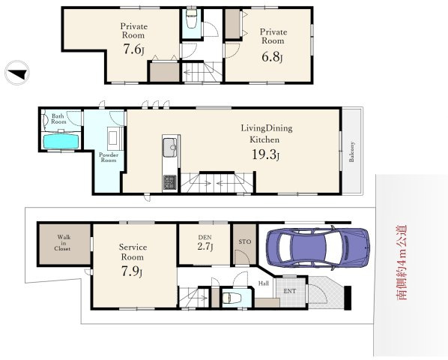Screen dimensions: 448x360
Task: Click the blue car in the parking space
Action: (x=318, y=247)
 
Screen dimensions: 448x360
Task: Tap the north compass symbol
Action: (x=17, y=73)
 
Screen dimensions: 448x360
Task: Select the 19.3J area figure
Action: (x=265, y=154)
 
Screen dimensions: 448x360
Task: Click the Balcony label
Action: (x=351, y=151)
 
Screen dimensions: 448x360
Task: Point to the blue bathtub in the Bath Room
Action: (x=61, y=141)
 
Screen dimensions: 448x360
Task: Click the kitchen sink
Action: (x=170, y=148)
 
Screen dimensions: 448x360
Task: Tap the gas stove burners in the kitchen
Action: (x=170, y=183)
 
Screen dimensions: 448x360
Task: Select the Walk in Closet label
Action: (x=64, y=243)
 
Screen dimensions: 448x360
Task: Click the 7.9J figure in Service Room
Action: (x=132, y=271)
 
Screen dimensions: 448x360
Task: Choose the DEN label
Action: (x=205, y=237)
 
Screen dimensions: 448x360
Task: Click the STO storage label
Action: (x=245, y=241)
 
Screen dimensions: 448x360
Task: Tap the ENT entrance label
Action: (x=289, y=291)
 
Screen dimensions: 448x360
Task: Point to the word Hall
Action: (x=264, y=283)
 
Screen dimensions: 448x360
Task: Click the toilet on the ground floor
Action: (x=231, y=298)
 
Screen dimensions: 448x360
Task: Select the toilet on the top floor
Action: (x=190, y=19)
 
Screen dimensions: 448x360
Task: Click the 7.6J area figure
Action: (x=133, y=49)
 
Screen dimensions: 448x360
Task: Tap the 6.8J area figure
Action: (x=272, y=57)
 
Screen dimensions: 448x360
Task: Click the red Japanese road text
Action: (x=402, y=262)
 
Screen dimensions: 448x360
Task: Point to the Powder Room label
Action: (x=109, y=157)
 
